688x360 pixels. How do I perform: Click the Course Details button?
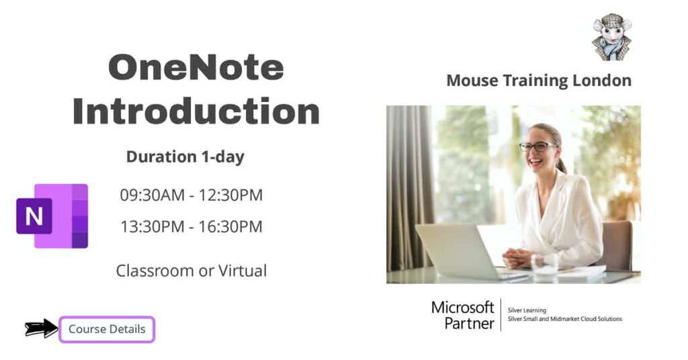pos(107,329)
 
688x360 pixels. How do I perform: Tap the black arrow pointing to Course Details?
pos(41,328)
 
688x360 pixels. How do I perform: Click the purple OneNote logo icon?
pos(52,216)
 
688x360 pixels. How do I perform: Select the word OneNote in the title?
pos(196,69)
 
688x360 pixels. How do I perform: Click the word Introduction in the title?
pos(196,111)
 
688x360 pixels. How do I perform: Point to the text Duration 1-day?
pos(185,157)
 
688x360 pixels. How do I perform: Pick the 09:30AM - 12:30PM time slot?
pos(191,195)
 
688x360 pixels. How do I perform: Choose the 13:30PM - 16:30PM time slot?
pos(191,226)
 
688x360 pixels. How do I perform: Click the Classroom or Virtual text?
pos(191,271)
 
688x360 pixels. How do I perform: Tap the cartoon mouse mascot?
pos(612,37)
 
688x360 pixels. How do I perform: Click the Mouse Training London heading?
pos(539,81)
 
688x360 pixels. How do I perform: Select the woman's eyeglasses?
pos(537,146)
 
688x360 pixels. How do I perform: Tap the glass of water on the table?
pos(545,265)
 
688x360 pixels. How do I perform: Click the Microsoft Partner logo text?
pos(462,314)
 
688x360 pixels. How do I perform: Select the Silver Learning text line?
pos(527,310)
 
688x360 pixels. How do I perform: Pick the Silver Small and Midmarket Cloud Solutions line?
pos(565,319)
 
